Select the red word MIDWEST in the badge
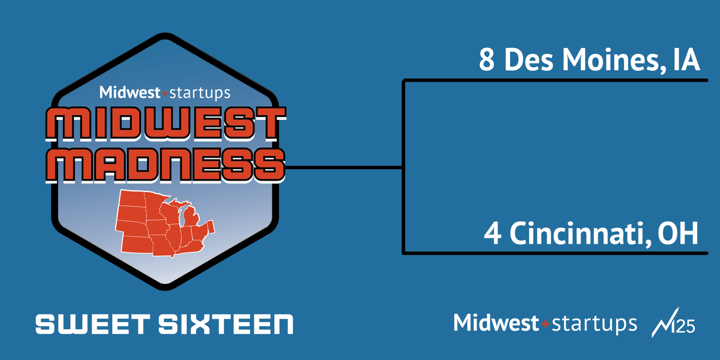point(164,124)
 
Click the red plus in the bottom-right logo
point(545,323)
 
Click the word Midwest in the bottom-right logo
point(497,322)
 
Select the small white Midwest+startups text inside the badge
point(164,92)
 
